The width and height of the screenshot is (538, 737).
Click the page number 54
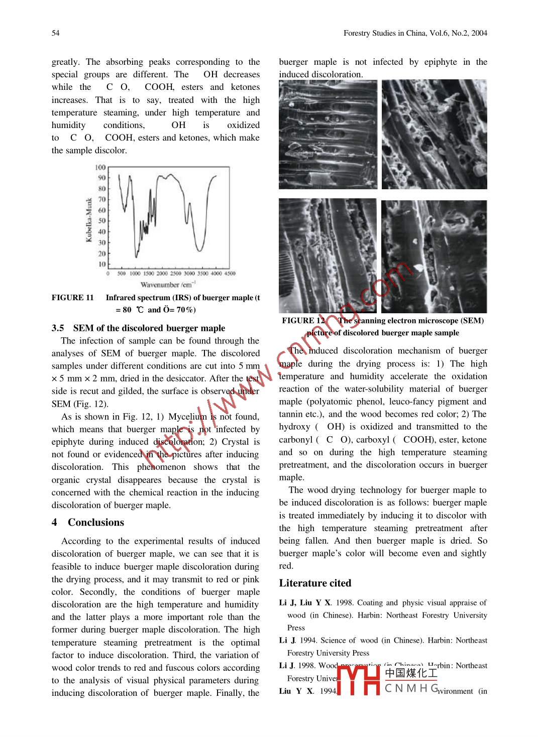click(55, 33)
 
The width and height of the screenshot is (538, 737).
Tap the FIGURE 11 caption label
click(73, 298)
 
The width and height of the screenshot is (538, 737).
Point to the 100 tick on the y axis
click(100, 167)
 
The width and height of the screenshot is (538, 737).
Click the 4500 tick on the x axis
click(229, 274)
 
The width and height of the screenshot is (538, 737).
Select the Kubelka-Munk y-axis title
click(89, 220)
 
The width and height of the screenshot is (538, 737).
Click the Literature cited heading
click(315, 583)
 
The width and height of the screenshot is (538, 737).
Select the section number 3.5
click(58, 328)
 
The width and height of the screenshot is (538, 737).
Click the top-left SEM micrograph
click(328, 135)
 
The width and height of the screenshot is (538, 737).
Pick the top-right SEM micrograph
click(434, 135)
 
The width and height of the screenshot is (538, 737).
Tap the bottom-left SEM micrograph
click(328, 255)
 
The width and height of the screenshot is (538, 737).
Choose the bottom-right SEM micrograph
click(434, 256)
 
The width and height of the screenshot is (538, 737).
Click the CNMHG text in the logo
click(411, 688)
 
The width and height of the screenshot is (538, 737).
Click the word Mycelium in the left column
click(187, 417)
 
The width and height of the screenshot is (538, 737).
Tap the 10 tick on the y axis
click(102, 264)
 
